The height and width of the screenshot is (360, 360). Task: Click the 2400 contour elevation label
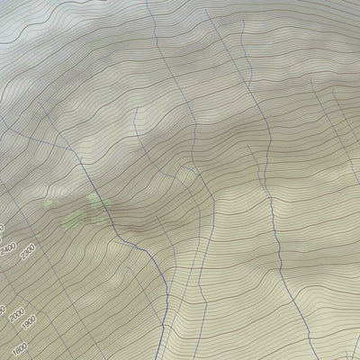point(10,249)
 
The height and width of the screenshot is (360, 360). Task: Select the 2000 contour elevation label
point(17,314)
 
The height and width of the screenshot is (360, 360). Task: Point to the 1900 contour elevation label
point(29,322)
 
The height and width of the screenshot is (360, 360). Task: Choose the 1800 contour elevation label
point(20,347)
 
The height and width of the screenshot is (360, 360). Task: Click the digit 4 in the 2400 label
point(8,251)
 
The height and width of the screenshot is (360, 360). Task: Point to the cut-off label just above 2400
point(2,228)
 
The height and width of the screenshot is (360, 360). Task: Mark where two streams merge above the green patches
point(79,162)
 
